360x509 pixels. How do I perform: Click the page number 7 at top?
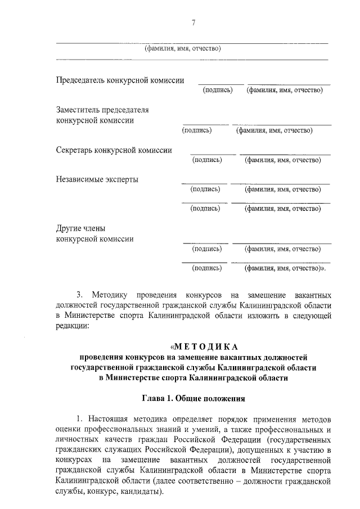tap(193, 22)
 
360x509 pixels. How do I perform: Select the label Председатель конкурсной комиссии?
tap(120, 80)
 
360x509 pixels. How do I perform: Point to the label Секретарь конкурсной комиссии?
tap(114, 150)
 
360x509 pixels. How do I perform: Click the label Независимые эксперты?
tap(97, 179)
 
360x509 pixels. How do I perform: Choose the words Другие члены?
tap(81, 228)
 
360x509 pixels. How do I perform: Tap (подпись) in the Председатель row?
tap(217, 90)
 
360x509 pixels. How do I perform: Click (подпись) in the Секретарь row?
tap(207, 160)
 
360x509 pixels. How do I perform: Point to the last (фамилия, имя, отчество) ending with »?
tap(285, 269)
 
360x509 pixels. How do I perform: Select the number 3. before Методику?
tap(79, 294)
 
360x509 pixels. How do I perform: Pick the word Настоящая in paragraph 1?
tap(110, 420)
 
